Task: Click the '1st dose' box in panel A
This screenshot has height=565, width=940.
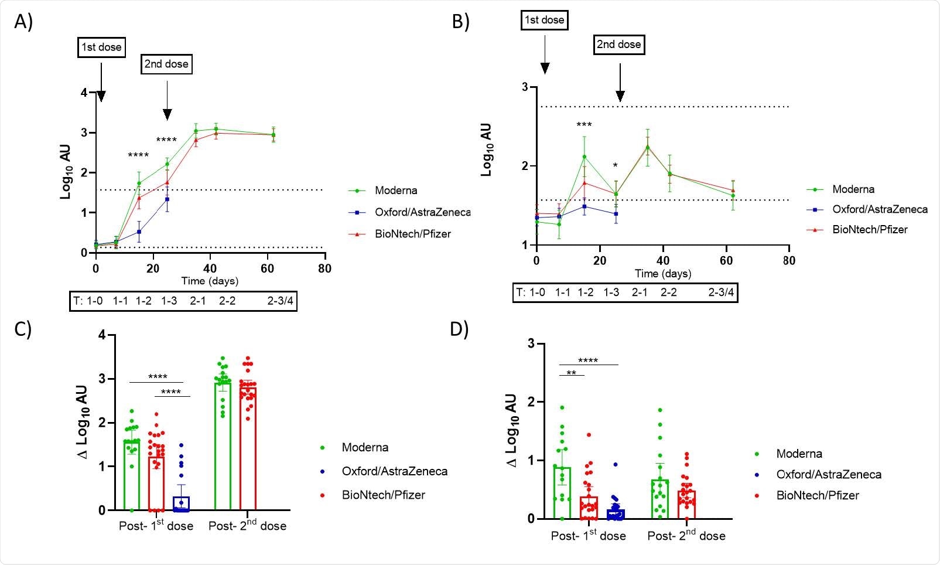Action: tap(101, 47)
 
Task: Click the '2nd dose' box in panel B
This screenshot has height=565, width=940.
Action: tap(619, 45)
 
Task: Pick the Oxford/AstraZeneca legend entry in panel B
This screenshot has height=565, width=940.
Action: tap(879, 209)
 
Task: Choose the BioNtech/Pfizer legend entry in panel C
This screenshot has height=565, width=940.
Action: tap(383, 495)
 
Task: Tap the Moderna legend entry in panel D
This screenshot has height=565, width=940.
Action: tap(799, 454)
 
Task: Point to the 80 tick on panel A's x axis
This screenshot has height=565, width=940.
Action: tap(324, 268)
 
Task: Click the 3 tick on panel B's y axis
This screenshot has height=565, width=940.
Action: tap(525, 87)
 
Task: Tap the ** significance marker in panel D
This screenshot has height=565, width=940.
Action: tap(572, 373)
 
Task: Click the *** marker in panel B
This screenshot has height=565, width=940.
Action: tap(584, 125)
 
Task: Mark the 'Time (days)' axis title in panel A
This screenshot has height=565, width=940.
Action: tap(210, 281)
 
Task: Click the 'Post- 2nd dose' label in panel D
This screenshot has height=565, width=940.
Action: tap(686, 536)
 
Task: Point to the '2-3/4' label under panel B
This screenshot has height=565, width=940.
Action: tap(721, 292)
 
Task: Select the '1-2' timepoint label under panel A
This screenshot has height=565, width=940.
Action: tap(143, 301)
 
